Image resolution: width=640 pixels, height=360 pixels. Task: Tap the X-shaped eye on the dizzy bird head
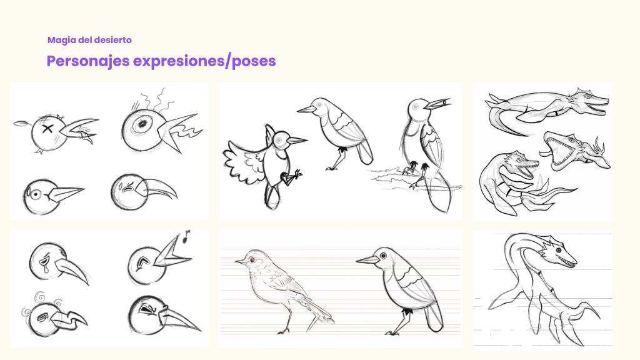click(x=47, y=129)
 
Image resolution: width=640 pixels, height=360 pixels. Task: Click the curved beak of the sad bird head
click(x=159, y=189)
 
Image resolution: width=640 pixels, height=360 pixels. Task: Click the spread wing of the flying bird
click(x=243, y=162)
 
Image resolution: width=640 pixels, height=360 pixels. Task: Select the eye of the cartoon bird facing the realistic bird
click(x=383, y=256)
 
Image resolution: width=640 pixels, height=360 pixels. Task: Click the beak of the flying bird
click(x=297, y=141)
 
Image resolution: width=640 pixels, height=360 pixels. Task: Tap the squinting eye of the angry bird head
click(x=145, y=311)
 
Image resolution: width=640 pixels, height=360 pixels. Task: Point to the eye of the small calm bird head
click(x=36, y=194)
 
